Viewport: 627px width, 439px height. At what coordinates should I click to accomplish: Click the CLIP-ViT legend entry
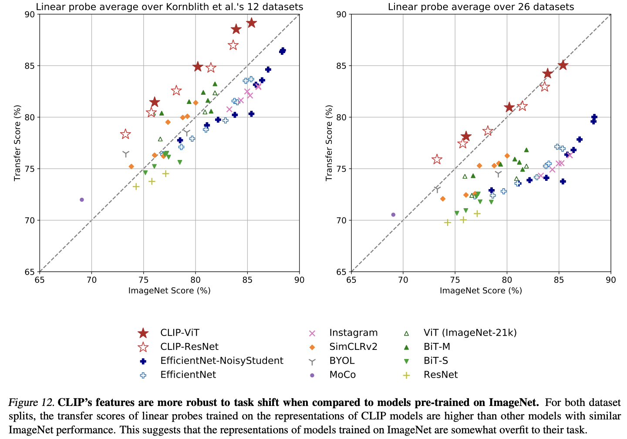[x=180, y=333]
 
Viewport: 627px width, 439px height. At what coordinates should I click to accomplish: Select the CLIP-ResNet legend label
[x=189, y=346]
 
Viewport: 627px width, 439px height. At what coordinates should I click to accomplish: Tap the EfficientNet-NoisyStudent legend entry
[x=221, y=360]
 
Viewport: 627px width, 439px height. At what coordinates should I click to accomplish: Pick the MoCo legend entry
[x=342, y=374]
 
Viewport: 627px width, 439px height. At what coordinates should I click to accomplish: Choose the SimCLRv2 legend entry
[x=353, y=346]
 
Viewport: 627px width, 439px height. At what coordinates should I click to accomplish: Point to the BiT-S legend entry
[x=435, y=360]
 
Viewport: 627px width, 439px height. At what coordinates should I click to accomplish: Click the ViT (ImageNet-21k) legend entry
[x=470, y=333]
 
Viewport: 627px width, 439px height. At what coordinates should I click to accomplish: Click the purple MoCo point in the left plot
[x=81, y=200]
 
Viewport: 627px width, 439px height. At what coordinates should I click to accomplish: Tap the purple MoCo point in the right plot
[x=393, y=215]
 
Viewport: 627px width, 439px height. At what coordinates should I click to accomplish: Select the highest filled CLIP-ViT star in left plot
[x=251, y=23]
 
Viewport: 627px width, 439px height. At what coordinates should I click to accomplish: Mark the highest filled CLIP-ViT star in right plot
[x=563, y=65]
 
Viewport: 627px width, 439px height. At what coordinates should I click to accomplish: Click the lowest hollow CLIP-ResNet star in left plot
[x=125, y=134]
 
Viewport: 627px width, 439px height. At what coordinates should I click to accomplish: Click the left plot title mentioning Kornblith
[x=169, y=7]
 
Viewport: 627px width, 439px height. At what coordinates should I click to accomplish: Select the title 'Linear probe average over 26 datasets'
[x=481, y=7]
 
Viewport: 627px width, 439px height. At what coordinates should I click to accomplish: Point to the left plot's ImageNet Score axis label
[x=169, y=291]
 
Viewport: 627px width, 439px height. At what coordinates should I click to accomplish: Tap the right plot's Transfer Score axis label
[x=329, y=143]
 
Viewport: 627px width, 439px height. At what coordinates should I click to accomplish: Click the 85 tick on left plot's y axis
[x=30, y=66]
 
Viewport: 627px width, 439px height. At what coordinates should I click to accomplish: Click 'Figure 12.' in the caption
[x=31, y=402]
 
